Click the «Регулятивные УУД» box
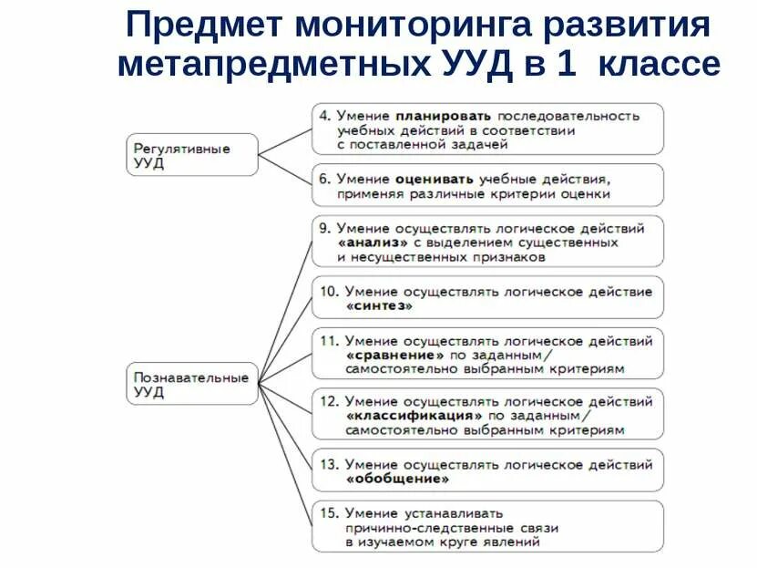(x=192, y=155)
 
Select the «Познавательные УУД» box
(x=192, y=384)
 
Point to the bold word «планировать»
(x=444, y=116)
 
